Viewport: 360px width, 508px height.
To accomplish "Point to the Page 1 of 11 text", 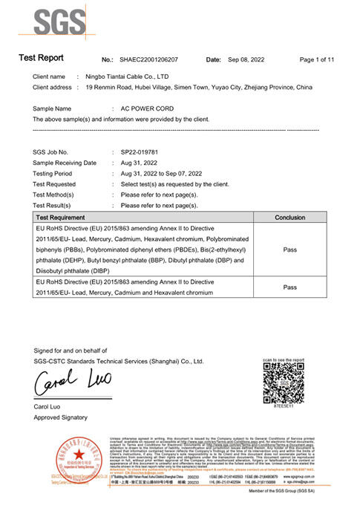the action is tap(317, 59).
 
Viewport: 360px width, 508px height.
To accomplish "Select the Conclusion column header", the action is tap(289, 218).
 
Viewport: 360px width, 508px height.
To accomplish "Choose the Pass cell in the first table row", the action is tap(289, 250).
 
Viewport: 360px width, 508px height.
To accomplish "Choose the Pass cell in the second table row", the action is tap(289, 287).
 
